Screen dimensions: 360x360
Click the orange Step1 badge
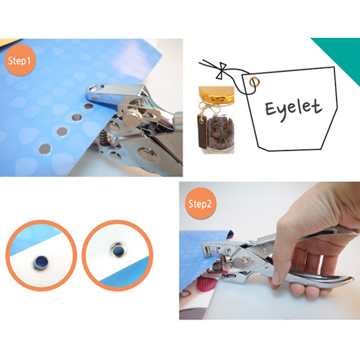point(20,61)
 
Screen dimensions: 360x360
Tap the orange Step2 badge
point(200,203)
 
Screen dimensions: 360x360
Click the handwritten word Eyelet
point(293,109)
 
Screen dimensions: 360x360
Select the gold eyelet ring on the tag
point(254,82)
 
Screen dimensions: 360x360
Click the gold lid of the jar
point(216,95)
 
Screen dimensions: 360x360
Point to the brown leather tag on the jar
point(202,132)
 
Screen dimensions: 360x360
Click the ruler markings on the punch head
point(107,100)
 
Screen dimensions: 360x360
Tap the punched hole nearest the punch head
point(89,106)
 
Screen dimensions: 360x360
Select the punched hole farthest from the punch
point(44,149)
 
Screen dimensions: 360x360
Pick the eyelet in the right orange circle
point(118,250)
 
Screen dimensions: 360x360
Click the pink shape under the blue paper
point(205,284)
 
